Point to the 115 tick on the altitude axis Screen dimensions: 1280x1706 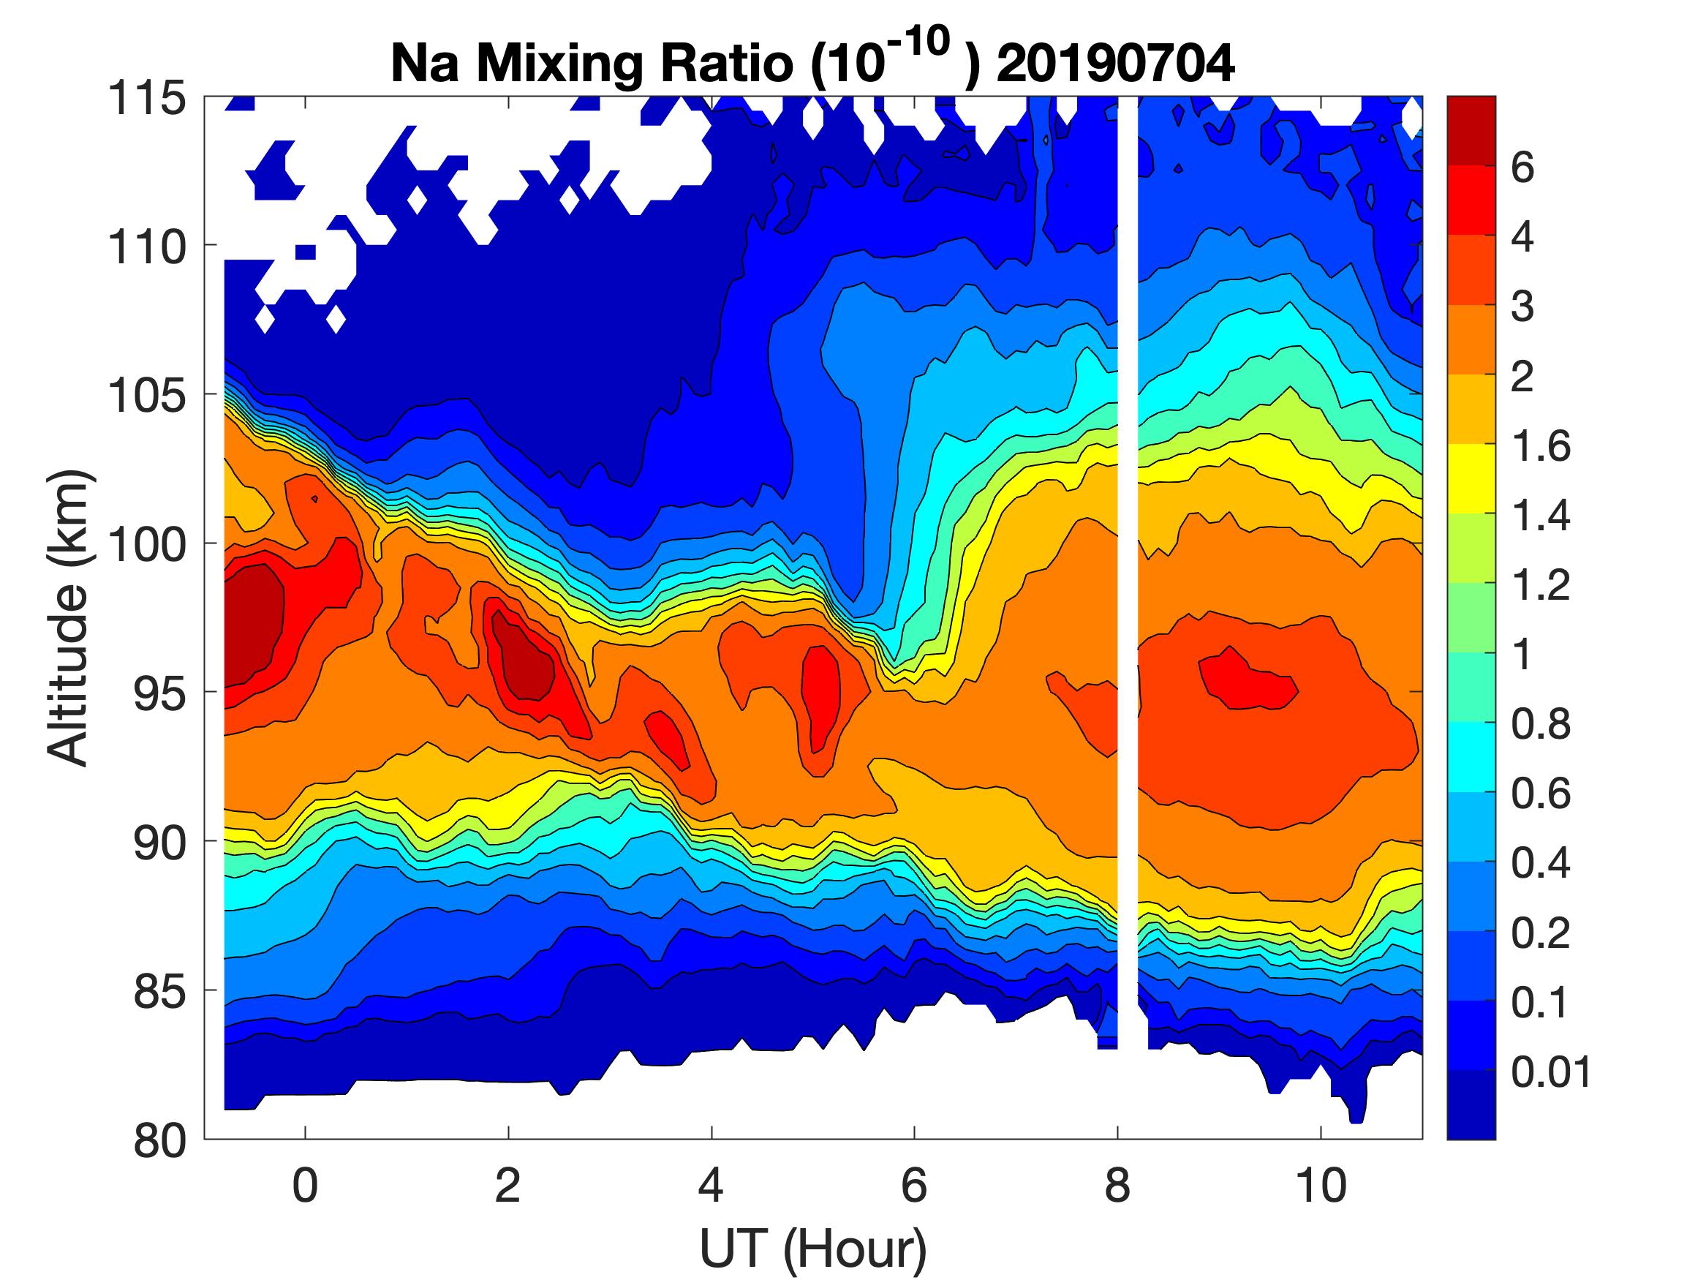coord(146,99)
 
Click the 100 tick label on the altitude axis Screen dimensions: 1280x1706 coord(146,545)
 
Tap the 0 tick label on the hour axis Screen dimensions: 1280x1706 coord(306,1185)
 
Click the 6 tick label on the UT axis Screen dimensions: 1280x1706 coord(914,1185)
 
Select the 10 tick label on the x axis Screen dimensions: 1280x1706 coord(1321,1185)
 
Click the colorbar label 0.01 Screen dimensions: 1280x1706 coord(1551,1072)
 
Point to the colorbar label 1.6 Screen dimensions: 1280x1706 coord(1540,446)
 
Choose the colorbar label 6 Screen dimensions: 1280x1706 coord(1522,167)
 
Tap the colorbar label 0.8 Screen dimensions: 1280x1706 coord(1540,725)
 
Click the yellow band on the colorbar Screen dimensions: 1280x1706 coord(1471,478)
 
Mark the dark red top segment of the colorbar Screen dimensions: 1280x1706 coord(1471,130)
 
